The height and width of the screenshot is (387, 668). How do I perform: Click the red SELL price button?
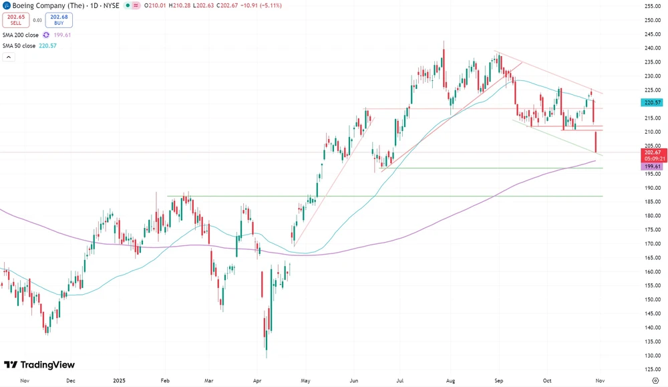16,19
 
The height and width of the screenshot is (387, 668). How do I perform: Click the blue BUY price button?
59,19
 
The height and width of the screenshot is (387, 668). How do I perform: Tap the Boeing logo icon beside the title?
7,5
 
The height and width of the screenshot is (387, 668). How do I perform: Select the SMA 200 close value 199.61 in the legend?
62,35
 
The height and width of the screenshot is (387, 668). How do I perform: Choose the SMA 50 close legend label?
21,45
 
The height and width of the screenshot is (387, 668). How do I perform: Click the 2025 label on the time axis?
118,380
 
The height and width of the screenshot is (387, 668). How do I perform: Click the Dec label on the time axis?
71,380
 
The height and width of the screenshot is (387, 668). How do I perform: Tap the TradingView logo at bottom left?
39,365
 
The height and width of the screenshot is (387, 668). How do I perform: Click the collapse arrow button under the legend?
9,57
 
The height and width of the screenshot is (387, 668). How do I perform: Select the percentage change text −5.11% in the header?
271,5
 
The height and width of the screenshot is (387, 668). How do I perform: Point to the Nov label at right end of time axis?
599,380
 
